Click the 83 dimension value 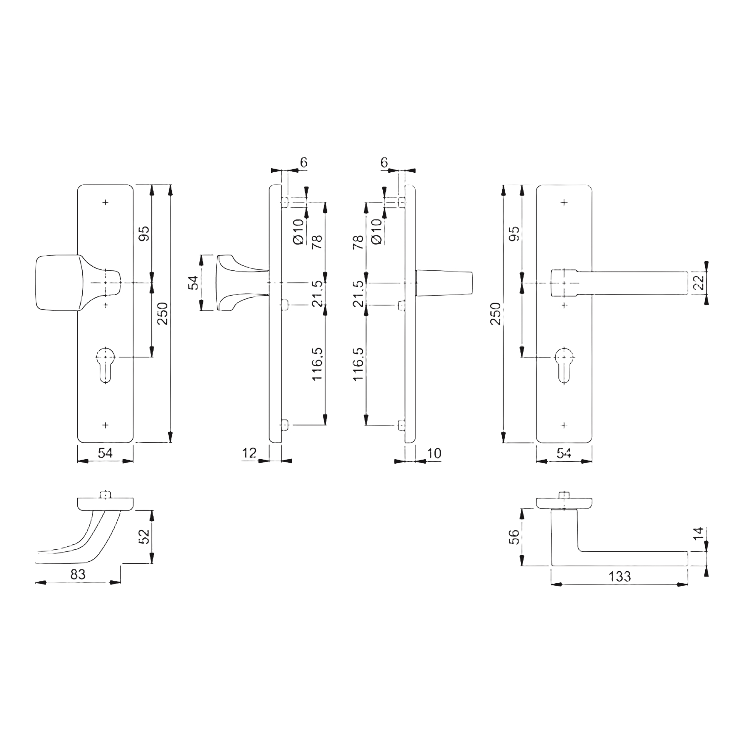(78, 575)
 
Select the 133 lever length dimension (620, 576)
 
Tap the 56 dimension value (514, 537)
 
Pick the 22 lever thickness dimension (697, 284)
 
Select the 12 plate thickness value (249, 453)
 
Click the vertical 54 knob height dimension (194, 282)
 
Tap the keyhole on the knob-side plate (105, 365)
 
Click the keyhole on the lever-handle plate (564, 365)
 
